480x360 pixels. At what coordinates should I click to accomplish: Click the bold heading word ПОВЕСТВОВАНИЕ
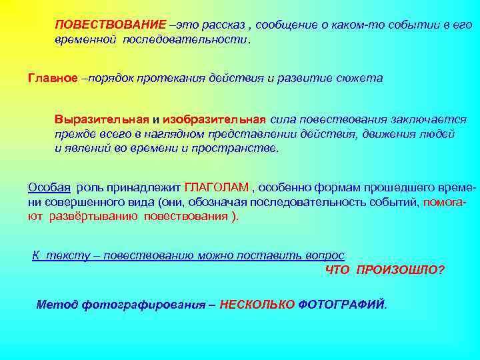tap(110, 25)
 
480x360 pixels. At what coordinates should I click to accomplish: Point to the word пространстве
tap(243, 149)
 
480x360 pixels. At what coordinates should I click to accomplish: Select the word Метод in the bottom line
tap(57, 305)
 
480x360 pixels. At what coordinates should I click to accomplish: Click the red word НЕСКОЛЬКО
tap(257, 305)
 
